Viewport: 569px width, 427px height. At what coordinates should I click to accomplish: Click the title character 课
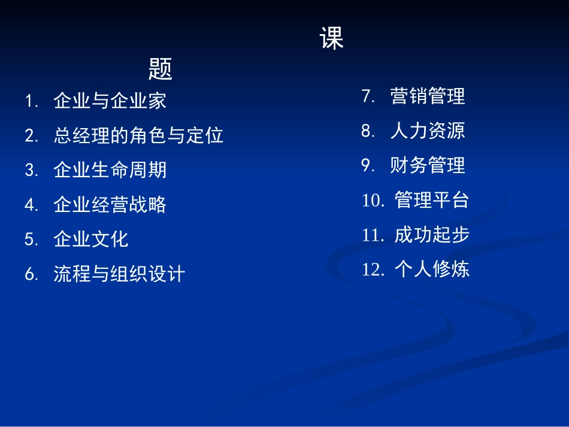click(332, 38)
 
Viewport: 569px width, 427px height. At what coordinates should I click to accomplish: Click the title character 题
click(161, 69)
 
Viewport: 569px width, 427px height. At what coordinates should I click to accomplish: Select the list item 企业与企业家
click(110, 101)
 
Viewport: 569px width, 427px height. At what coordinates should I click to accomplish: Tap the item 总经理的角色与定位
click(138, 135)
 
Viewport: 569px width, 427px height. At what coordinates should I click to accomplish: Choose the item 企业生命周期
click(110, 170)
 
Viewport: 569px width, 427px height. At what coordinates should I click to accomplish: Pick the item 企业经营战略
click(110, 205)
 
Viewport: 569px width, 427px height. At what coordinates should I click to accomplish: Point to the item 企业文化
click(91, 240)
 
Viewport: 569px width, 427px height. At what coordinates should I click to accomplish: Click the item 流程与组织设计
click(119, 274)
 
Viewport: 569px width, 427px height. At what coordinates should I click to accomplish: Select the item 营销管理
click(428, 96)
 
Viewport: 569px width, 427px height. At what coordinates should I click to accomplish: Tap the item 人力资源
click(428, 131)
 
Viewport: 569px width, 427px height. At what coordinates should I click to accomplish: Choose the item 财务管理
click(428, 165)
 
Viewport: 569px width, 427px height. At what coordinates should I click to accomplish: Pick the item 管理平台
click(432, 200)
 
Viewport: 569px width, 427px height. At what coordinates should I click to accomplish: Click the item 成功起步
click(432, 235)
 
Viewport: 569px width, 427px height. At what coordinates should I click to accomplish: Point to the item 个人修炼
click(432, 269)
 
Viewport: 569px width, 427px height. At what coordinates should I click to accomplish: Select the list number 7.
click(368, 96)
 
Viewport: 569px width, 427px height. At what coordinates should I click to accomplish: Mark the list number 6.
click(31, 275)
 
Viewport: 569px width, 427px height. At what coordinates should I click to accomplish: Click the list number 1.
click(31, 101)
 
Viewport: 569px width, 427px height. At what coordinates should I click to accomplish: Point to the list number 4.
click(31, 205)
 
